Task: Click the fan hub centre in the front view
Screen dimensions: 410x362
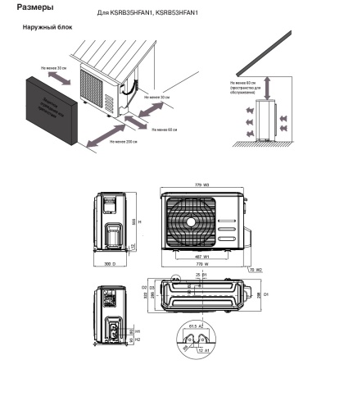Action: (191, 221)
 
